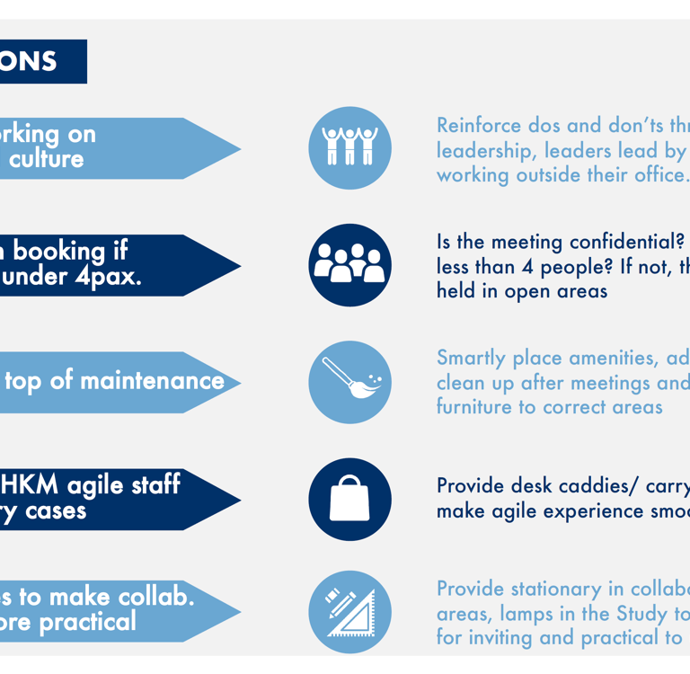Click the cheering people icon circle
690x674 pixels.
point(349,147)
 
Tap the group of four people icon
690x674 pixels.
point(349,264)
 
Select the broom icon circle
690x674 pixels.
point(349,381)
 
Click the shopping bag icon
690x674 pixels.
point(349,499)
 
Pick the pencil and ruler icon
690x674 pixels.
point(349,612)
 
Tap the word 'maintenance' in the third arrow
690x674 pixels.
point(152,381)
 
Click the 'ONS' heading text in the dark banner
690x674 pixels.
point(29,61)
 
